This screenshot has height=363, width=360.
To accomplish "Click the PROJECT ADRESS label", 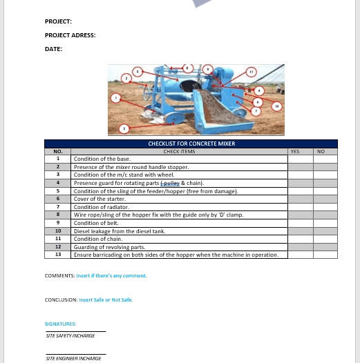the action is pyautogui.click(x=70, y=35).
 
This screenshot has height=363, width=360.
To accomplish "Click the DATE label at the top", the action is pyautogui.click(x=53, y=49).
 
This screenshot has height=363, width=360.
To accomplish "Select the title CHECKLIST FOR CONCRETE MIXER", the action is pyautogui.click(x=191, y=144).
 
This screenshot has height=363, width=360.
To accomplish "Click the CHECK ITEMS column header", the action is pyautogui.click(x=179, y=151).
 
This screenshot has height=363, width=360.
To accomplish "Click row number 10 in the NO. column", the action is pyautogui.click(x=58, y=230).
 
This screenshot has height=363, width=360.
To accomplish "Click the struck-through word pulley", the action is pyautogui.click(x=169, y=183).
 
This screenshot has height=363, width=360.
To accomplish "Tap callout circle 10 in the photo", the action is pyautogui.click(x=276, y=106).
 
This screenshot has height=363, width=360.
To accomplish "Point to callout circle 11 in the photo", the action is pyautogui.click(x=252, y=72).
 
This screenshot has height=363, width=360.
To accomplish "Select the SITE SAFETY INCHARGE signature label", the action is pyautogui.click(x=70, y=335).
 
